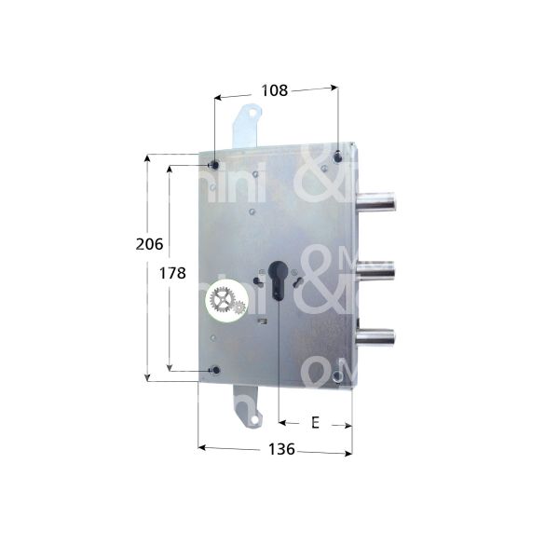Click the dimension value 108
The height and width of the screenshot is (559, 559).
[274, 90]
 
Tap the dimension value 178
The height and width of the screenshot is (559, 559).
[172, 273]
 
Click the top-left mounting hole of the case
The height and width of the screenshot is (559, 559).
[215, 165]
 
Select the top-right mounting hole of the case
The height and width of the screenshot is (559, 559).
[336, 156]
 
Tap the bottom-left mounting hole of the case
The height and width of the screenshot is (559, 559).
[216, 371]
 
